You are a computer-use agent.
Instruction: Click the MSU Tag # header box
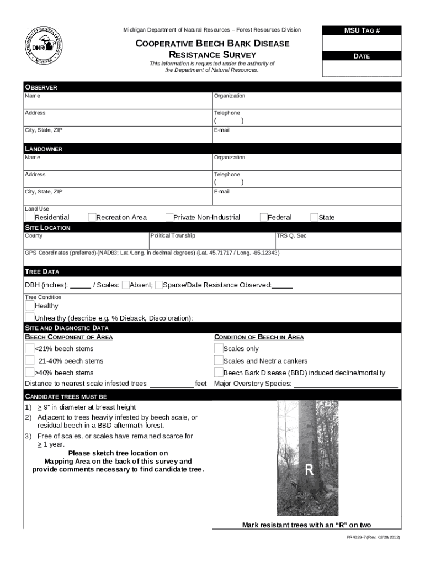tap(362, 30)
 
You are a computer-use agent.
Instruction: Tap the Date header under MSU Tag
tap(362, 56)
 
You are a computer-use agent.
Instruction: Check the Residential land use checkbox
tap(29, 217)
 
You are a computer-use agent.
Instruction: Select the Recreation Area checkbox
tap(92, 217)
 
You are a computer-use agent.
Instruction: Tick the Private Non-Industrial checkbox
tap(169, 217)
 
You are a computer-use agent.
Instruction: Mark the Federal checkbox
tap(263, 217)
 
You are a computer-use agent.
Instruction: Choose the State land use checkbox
tap(314, 217)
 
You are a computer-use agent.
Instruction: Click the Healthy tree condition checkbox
tap(29, 305)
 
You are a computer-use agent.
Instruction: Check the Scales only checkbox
tap(218, 348)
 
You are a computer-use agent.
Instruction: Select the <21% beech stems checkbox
tap(29, 348)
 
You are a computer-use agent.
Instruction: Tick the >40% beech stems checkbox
tap(29, 373)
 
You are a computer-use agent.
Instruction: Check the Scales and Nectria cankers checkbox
tap(218, 360)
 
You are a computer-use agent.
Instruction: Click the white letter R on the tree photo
tap(309, 470)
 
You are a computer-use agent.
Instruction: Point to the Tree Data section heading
tap(42, 271)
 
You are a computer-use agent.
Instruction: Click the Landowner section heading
tap(44, 149)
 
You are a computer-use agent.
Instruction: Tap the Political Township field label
tap(173, 236)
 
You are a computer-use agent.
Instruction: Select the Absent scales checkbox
tap(125, 285)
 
